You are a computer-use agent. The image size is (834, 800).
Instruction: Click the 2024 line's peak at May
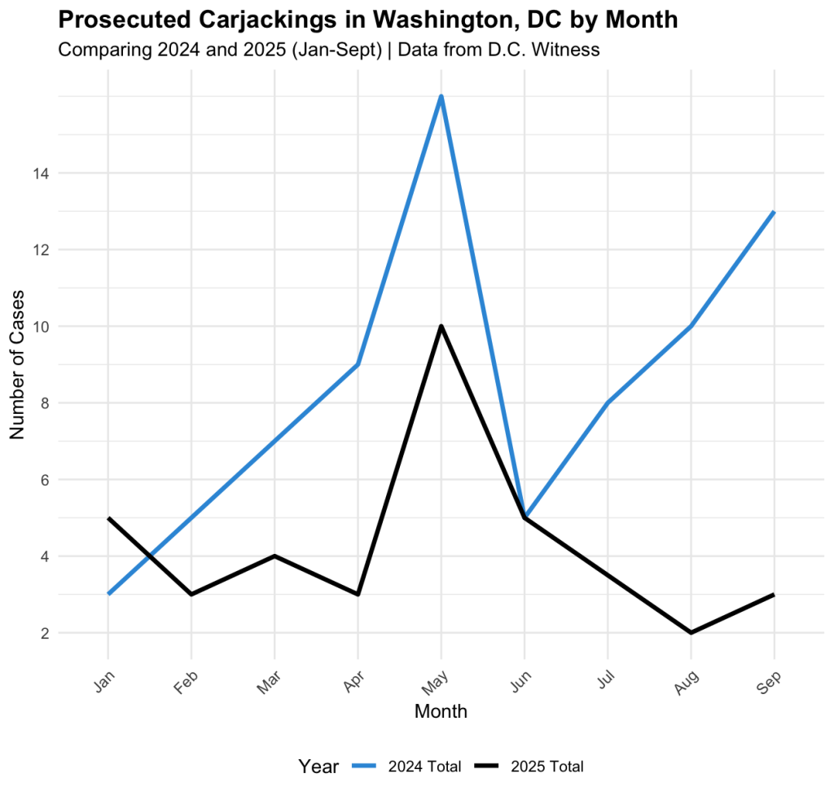441,97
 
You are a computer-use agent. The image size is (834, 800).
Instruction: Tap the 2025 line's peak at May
441,327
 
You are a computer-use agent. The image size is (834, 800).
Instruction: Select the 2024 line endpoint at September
774,212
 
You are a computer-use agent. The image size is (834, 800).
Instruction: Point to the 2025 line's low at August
691,632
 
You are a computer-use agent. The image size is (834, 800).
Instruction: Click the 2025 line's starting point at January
108,518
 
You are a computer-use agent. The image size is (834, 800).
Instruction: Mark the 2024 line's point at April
358,364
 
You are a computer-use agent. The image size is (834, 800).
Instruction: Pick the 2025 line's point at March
274,556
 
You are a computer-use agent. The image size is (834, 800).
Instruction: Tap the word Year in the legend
318,767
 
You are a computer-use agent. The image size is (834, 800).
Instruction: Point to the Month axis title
441,711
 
